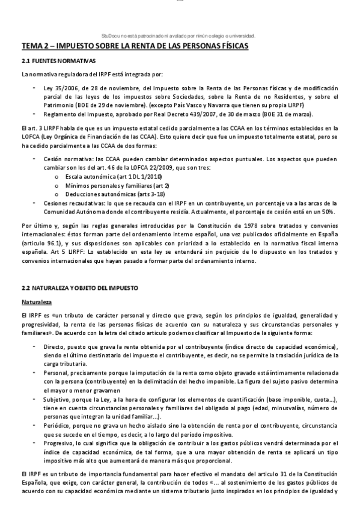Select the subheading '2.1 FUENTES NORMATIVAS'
57,61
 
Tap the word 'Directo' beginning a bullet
53,347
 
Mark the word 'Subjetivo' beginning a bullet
58,399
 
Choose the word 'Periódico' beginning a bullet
57,425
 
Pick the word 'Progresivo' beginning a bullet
58,443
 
